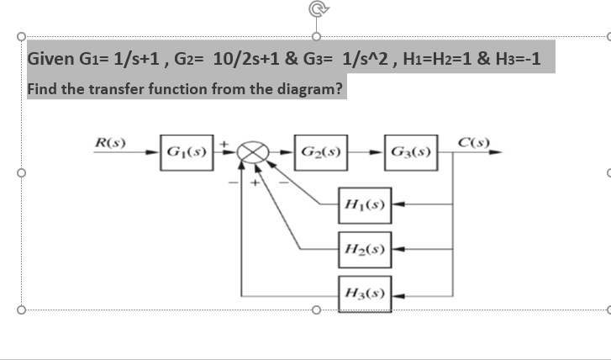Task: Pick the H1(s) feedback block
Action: pyautogui.click(x=364, y=204)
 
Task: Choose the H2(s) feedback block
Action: pyautogui.click(x=364, y=249)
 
